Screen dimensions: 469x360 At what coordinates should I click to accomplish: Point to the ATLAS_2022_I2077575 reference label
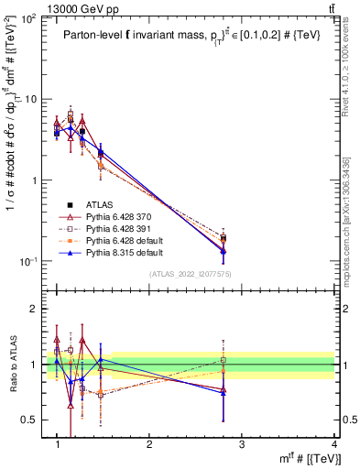click(x=191, y=274)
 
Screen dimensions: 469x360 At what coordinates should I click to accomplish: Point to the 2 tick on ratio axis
click(x=36, y=309)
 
